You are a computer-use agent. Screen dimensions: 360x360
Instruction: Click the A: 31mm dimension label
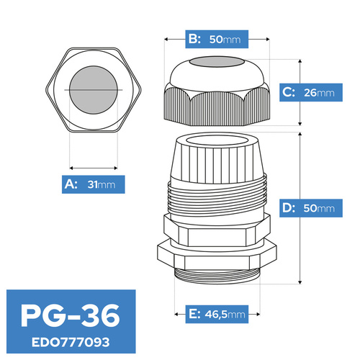(94, 184)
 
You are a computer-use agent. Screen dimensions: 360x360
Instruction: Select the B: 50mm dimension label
(217, 39)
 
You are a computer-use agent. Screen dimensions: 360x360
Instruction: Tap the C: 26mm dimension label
(311, 92)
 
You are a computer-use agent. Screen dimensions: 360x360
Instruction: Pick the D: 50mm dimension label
(311, 208)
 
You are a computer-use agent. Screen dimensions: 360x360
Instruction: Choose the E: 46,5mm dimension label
(217, 314)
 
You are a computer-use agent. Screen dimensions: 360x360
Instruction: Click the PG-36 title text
(70, 315)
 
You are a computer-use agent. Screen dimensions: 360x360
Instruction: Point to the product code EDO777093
(71, 342)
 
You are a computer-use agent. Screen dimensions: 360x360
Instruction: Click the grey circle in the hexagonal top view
(94, 90)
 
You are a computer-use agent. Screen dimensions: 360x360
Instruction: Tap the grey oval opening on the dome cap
(217, 62)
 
